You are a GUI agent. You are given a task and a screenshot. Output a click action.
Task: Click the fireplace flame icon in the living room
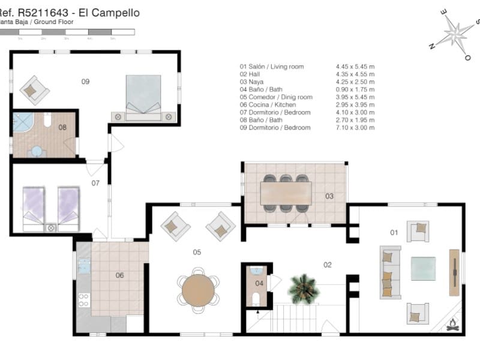point(453,325)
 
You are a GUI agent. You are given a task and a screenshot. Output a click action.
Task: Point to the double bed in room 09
point(143,94)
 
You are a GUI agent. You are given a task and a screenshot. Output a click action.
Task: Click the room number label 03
point(329,196)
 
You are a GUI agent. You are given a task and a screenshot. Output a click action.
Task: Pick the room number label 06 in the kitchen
point(119,275)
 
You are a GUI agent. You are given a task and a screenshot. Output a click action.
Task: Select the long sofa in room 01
point(389,272)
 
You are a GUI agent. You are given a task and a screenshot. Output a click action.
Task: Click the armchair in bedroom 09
point(35,89)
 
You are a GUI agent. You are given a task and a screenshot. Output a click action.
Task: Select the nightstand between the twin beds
point(51,227)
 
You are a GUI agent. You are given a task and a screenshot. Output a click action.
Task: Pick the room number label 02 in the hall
point(328,265)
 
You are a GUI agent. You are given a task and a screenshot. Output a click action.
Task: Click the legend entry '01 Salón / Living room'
point(272,66)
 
